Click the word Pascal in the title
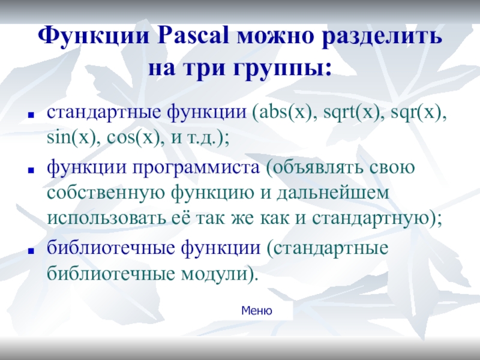pyautogui.click(x=193, y=35)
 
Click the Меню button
pyautogui.click(x=257, y=311)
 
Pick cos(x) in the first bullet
pyautogui.click(x=133, y=138)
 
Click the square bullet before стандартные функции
pyautogui.click(x=31, y=115)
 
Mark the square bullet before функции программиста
pyautogui.click(x=31, y=170)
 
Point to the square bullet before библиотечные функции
pyautogui.click(x=31, y=251)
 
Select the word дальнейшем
pyautogui.click(x=333, y=193)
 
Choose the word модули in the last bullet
pyautogui.click(x=214, y=274)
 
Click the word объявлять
pyautogui.click(x=318, y=167)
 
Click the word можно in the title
pyautogui.click(x=275, y=37)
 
